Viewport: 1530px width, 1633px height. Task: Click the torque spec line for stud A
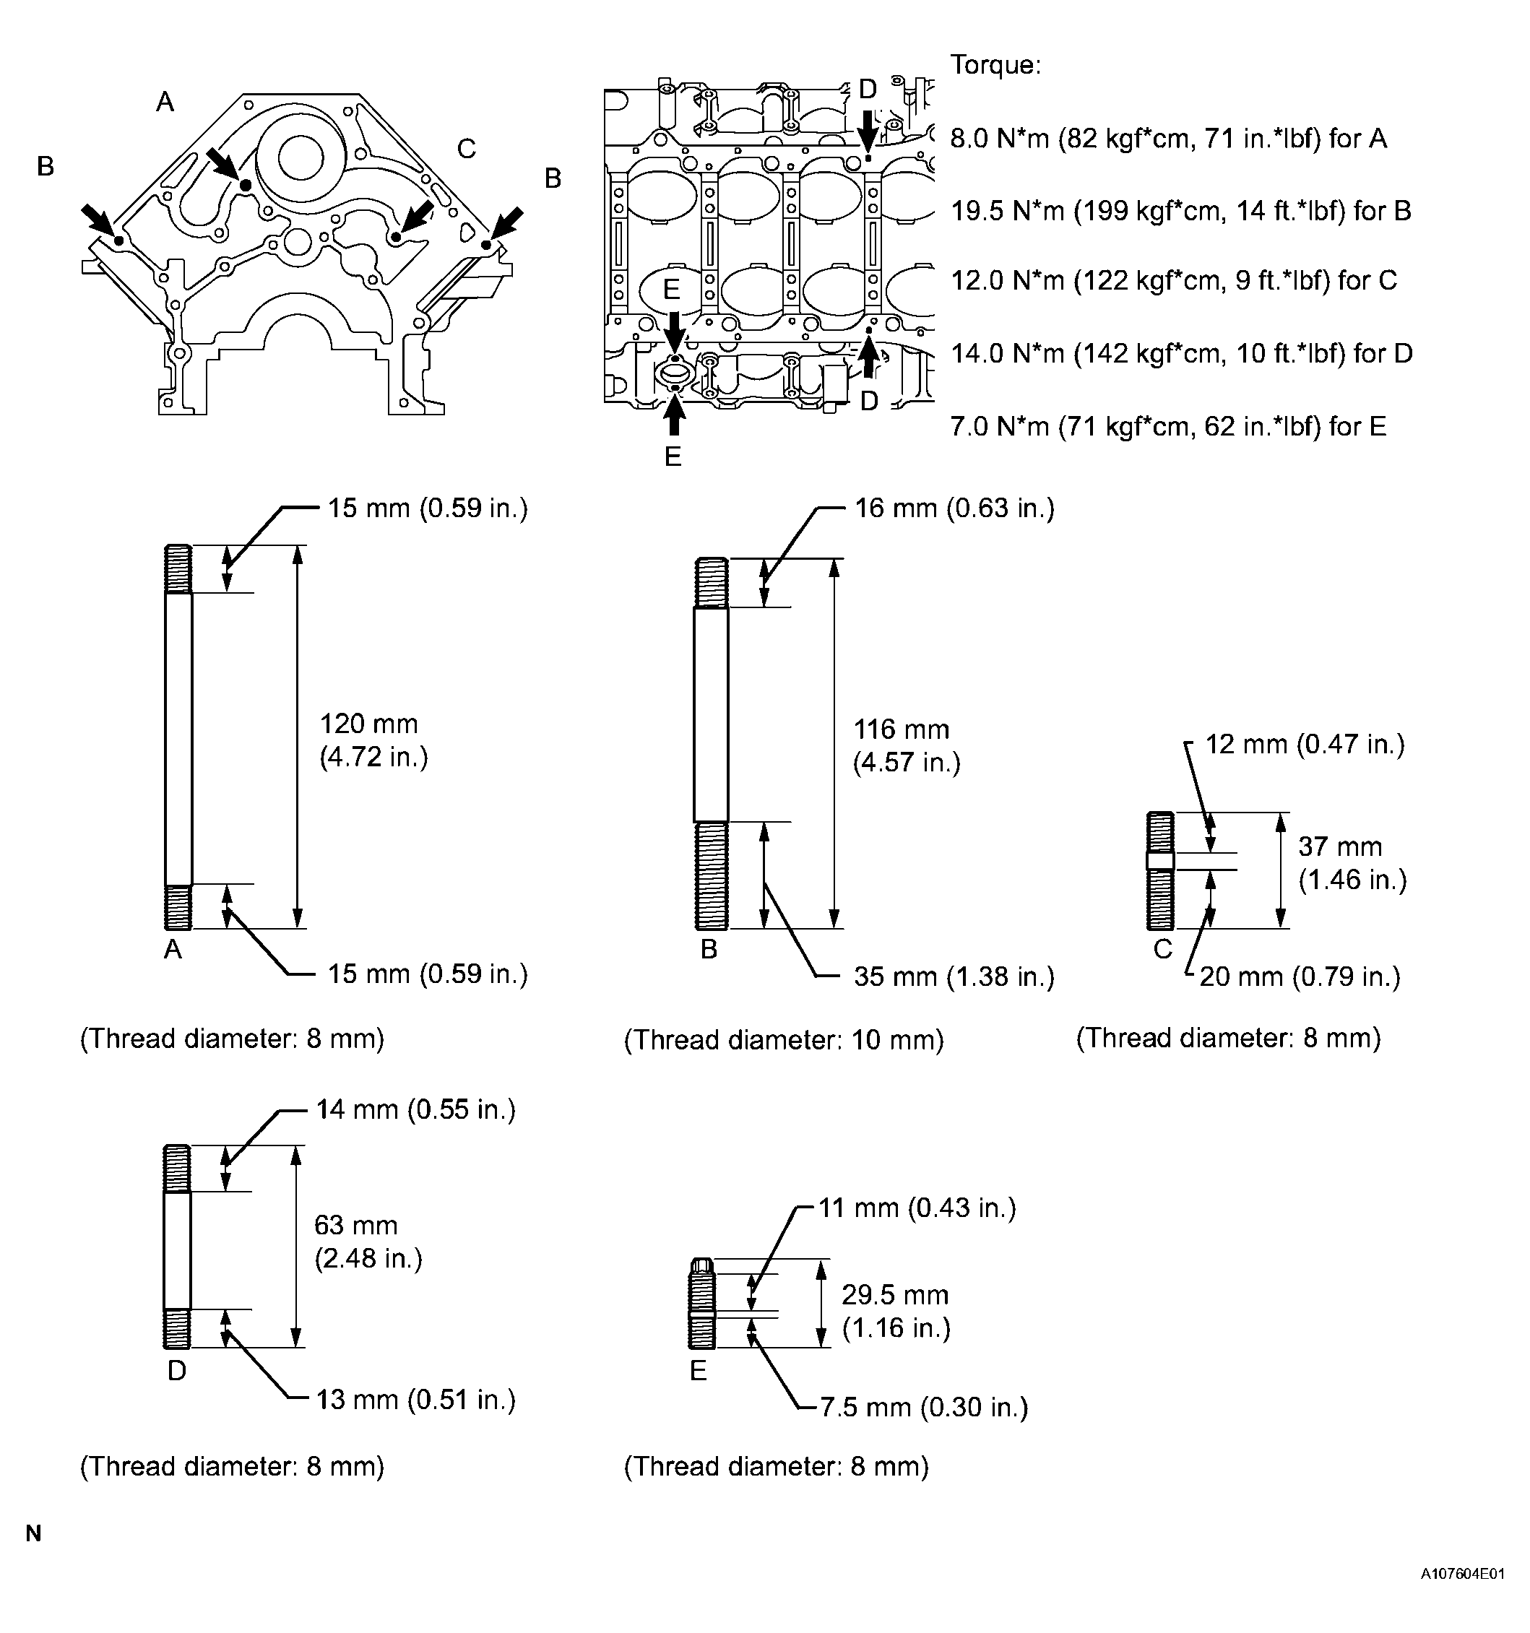tap(1169, 138)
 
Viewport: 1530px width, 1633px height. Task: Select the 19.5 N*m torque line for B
tap(1181, 210)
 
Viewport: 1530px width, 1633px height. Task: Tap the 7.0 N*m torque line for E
tap(1169, 425)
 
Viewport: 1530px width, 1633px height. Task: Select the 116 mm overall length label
tap(907, 745)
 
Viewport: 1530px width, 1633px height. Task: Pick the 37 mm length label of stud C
tap(1352, 862)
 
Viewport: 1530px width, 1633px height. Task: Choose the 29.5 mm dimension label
tap(896, 1311)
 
